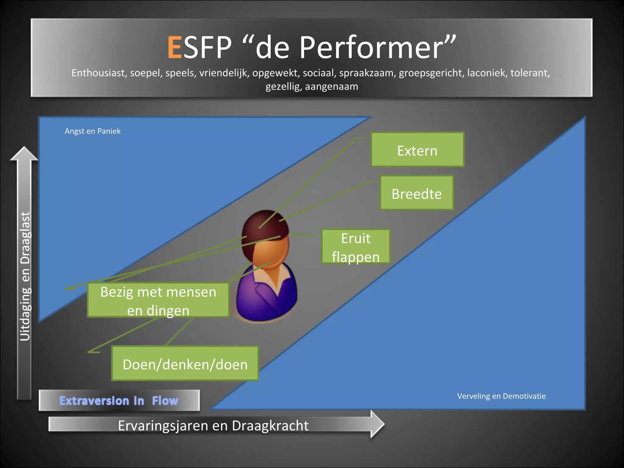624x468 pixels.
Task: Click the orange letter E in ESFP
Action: click(175, 48)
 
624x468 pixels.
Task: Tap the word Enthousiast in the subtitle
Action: click(99, 73)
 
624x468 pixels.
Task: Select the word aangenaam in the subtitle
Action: click(331, 87)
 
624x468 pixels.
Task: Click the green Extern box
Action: click(417, 150)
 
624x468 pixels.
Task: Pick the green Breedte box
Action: click(417, 193)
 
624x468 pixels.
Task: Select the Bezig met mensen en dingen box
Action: click(158, 301)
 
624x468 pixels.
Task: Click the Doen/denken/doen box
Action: click(185, 364)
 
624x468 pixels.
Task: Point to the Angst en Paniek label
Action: click(93, 131)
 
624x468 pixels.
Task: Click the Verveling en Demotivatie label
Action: click(501, 396)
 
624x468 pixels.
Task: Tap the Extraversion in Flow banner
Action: click(119, 401)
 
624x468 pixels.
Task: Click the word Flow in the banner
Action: click(165, 401)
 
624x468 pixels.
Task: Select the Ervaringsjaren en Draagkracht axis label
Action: click(213, 425)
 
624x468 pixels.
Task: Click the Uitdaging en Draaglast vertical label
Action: click(25, 276)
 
